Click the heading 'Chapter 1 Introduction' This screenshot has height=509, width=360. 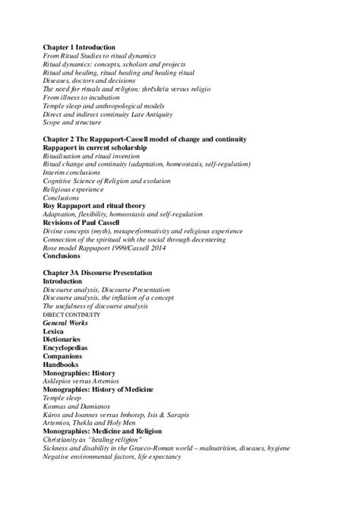click(79, 47)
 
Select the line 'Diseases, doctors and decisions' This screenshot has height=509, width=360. click(88, 81)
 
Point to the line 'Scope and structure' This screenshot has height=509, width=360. click(71, 122)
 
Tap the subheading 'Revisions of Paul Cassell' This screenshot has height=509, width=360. click(86, 223)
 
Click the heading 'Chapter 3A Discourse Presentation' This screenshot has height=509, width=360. click(97, 273)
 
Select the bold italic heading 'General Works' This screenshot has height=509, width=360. click(66, 323)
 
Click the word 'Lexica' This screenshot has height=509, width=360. click(54, 331)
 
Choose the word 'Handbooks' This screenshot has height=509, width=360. click(60, 365)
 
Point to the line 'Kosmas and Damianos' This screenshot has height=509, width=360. click(74, 406)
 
